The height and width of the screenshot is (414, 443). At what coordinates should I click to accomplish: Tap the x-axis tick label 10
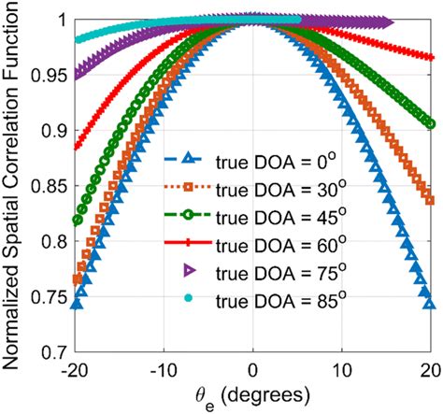click(x=342, y=371)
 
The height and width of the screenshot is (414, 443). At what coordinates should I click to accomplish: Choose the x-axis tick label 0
click(x=253, y=371)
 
